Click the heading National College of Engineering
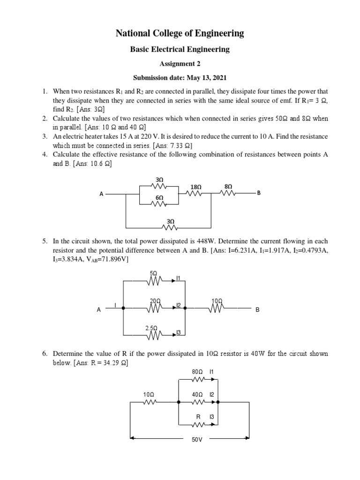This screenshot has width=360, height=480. point(180,33)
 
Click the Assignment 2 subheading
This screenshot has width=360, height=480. point(180,63)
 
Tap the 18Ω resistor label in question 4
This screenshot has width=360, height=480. point(196,187)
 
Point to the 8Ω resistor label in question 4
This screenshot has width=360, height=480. point(228,186)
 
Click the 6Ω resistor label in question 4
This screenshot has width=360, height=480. point(159,198)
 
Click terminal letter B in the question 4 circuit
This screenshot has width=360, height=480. point(258,193)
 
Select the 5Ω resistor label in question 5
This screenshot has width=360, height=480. point(153,273)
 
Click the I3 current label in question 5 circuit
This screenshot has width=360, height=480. point(179,333)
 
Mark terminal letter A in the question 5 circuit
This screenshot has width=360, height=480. point(99,310)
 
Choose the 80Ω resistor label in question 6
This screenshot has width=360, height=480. point(197,372)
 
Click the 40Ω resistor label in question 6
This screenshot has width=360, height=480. point(197,395)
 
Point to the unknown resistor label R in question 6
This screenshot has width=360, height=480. point(198,417)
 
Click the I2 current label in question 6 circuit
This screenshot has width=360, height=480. point(211,395)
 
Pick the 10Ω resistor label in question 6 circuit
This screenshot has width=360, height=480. point(149,395)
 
